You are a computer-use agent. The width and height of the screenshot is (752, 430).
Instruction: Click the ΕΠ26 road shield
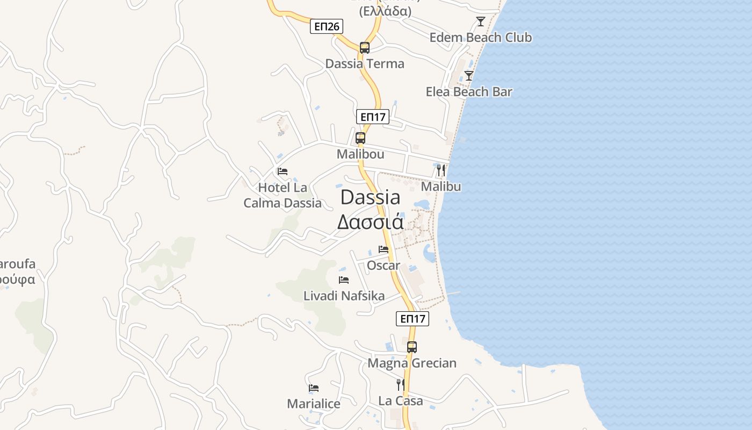(x=326, y=26)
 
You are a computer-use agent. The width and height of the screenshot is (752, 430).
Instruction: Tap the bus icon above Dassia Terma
(x=365, y=47)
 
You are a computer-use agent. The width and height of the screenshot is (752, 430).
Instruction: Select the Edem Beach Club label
(x=481, y=38)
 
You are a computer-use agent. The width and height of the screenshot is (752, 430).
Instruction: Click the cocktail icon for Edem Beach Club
(x=481, y=21)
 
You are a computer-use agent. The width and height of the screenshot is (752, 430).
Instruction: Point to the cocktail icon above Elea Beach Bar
(x=469, y=76)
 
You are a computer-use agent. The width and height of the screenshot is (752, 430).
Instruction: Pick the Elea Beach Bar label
(x=469, y=92)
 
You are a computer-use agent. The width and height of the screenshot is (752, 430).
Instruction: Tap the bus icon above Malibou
(x=360, y=138)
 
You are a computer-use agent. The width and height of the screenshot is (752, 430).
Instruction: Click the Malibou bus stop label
(x=360, y=154)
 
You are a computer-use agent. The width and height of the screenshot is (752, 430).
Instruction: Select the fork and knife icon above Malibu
(x=441, y=170)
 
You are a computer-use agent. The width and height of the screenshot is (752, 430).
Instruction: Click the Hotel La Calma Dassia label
(x=283, y=195)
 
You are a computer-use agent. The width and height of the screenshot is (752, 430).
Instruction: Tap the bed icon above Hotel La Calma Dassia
(x=283, y=171)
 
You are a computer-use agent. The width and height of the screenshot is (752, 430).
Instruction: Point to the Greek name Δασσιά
(x=371, y=221)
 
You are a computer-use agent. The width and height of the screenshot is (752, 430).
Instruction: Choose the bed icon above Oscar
(x=384, y=249)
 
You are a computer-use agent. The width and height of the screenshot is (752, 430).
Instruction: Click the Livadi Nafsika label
(x=344, y=296)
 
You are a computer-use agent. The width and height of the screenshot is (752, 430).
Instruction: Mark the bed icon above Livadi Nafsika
(x=344, y=280)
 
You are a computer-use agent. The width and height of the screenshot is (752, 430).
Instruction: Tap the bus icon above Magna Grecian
(x=412, y=347)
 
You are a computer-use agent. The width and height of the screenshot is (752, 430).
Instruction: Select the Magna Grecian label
(x=412, y=363)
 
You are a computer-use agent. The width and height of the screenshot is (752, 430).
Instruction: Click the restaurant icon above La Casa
(x=401, y=385)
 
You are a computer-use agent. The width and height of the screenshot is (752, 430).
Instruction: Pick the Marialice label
(x=314, y=404)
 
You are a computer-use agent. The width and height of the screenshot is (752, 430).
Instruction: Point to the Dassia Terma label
(x=365, y=64)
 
